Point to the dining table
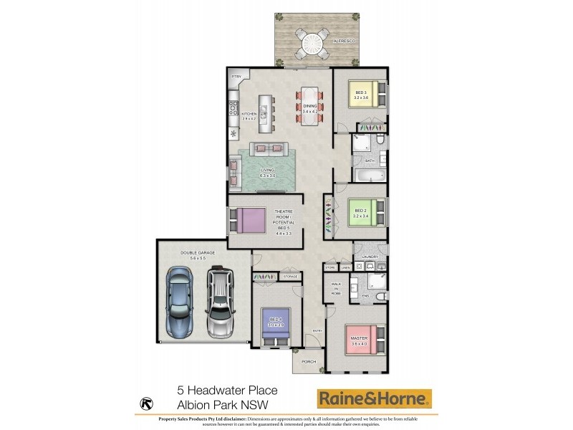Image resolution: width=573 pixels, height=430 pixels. [x=309, y=106]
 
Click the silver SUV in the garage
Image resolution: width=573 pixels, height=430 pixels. [x=220, y=302]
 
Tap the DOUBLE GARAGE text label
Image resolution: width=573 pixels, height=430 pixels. [x=178, y=253]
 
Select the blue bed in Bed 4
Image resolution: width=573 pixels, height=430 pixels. [x=274, y=325]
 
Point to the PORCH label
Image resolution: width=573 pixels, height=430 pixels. [x=309, y=362]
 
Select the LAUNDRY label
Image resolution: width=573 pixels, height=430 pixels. [x=370, y=256]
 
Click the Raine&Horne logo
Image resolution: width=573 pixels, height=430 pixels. [x=375, y=398]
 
